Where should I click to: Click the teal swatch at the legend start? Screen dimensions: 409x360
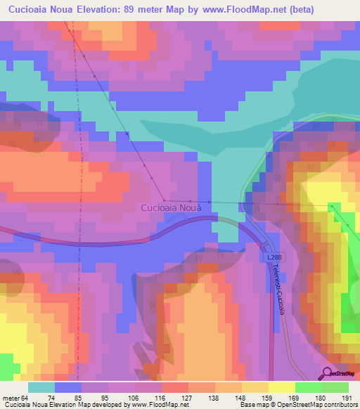(x=41, y=387)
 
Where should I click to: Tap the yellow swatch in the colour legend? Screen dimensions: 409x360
(x=281, y=387)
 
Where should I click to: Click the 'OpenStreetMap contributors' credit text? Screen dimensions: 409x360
(x=320, y=405)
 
